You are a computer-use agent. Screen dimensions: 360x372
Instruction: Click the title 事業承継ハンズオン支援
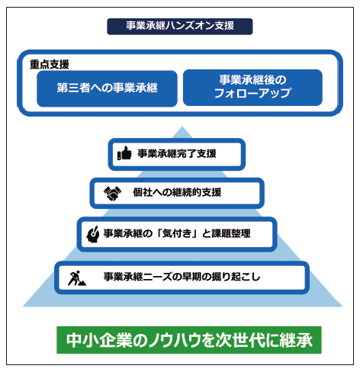pyautogui.click(x=180, y=26)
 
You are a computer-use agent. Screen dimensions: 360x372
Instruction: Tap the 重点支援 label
pyautogui.click(x=50, y=64)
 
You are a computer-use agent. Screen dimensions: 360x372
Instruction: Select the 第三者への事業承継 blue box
pyautogui.click(x=107, y=88)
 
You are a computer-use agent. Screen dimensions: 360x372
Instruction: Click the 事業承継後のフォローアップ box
pyautogui.click(x=252, y=88)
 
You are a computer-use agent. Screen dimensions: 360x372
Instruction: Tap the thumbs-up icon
pyautogui.click(x=124, y=153)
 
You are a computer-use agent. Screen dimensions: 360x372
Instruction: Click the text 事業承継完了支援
pyautogui.click(x=177, y=153)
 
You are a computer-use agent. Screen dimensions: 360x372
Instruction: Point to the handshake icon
pyautogui.click(x=112, y=193)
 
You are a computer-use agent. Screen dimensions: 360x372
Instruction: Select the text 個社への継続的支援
pyautogui.click(x=177, y=192)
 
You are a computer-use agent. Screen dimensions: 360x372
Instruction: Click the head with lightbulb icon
pyautogui.click(x=93, y=234)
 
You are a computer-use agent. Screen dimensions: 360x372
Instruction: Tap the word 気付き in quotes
pyautogui.click(x=177, y=233)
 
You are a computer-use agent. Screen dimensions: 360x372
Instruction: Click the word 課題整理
pyautogui.click(x=231, y=233)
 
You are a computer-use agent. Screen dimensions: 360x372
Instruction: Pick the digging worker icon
pyautogui.click(x=77, y=278)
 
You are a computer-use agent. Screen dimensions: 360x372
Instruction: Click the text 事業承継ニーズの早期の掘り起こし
pyautogui.click(x=182, y=277)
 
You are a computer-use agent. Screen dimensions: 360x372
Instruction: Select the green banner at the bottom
pyautogui.click(x=189, y=340)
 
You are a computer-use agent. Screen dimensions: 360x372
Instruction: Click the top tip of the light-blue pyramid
pyautogui.click(x=182, y=127)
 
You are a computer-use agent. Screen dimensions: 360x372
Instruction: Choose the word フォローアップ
pyautogui.click(x=252, y=93)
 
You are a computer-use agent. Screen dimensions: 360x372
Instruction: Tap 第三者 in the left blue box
pyautogui.click(x=73, y=88)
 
